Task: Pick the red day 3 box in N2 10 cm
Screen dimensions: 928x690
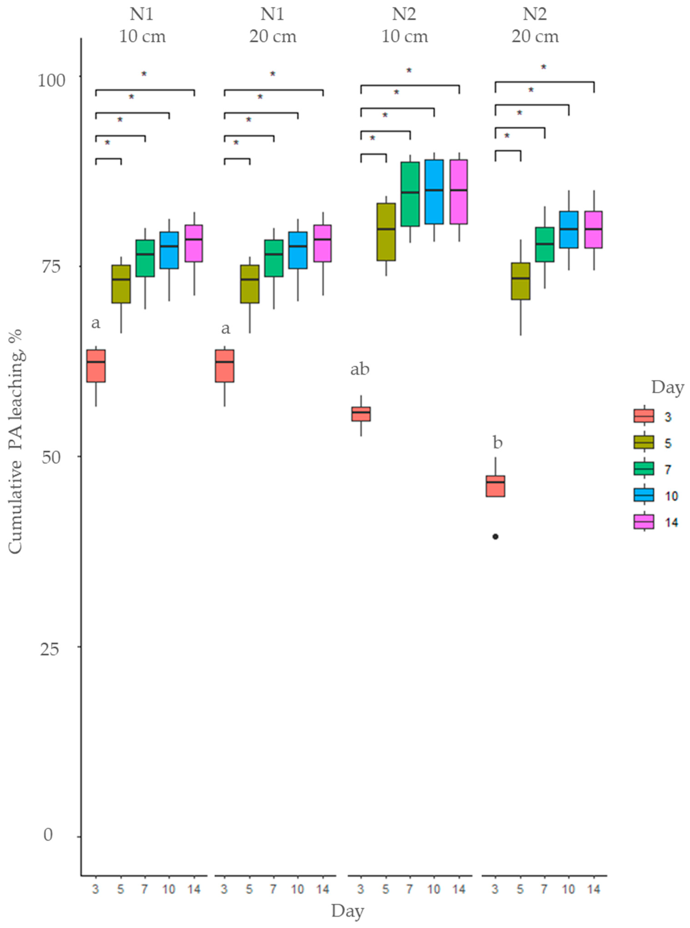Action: point(361,414)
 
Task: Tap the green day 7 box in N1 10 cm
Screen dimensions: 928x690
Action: point(145,258)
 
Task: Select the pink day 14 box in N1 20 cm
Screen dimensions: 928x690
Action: point(322,243)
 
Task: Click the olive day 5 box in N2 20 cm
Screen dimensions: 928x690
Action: point(520,281)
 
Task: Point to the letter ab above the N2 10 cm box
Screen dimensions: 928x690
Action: point(360,369)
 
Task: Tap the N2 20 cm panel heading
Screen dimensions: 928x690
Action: point(535,26)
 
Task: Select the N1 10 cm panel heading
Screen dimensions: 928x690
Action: point(143,26)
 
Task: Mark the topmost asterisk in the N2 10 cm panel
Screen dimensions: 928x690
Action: point(409,71)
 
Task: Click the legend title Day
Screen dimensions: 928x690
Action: point(667,387)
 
